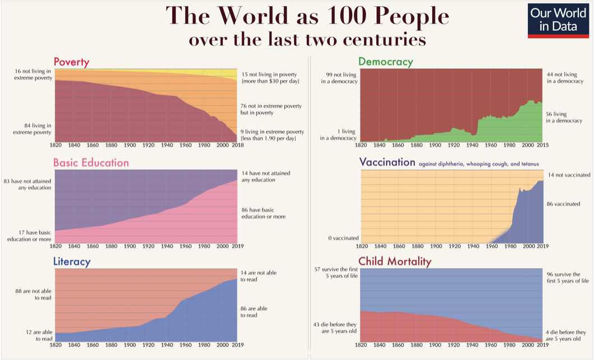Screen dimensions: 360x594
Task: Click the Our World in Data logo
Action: tap(559, 21)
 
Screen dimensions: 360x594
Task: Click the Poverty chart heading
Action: tap(72, 62)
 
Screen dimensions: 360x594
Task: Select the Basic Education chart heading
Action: tap(91, 163)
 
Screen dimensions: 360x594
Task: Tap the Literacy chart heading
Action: tap(72, 261)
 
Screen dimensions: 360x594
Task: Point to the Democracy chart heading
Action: tap(386, 62)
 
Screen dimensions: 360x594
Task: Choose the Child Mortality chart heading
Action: tap(395, 261)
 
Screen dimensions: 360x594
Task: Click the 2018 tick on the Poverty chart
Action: tap(237, 146)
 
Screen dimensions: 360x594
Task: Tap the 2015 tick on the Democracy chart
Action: tap(542, 146)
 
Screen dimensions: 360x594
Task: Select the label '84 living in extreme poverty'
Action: tap(33, 129)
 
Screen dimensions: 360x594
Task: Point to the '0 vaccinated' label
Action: tap(343, 239)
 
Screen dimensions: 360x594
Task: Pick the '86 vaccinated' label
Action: tap(563, 204)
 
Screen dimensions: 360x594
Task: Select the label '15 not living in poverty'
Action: tap(269, 78)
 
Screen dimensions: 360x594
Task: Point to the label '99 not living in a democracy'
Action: tap(339, 78)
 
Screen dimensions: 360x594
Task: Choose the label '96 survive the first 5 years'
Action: tap(568, 278)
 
